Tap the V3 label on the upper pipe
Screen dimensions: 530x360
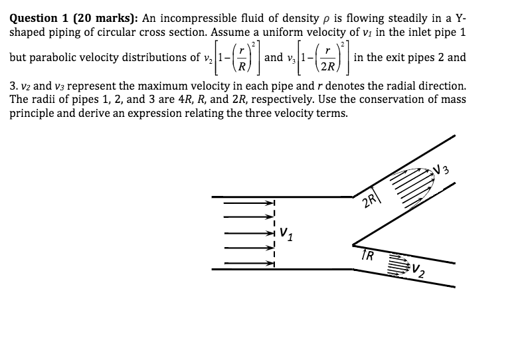(442, 169)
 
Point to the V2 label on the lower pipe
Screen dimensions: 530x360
(418, 270)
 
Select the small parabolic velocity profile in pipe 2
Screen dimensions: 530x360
(400, 264)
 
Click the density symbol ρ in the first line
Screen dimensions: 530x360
(326, 20)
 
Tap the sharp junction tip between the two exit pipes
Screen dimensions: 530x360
(353, 245)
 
